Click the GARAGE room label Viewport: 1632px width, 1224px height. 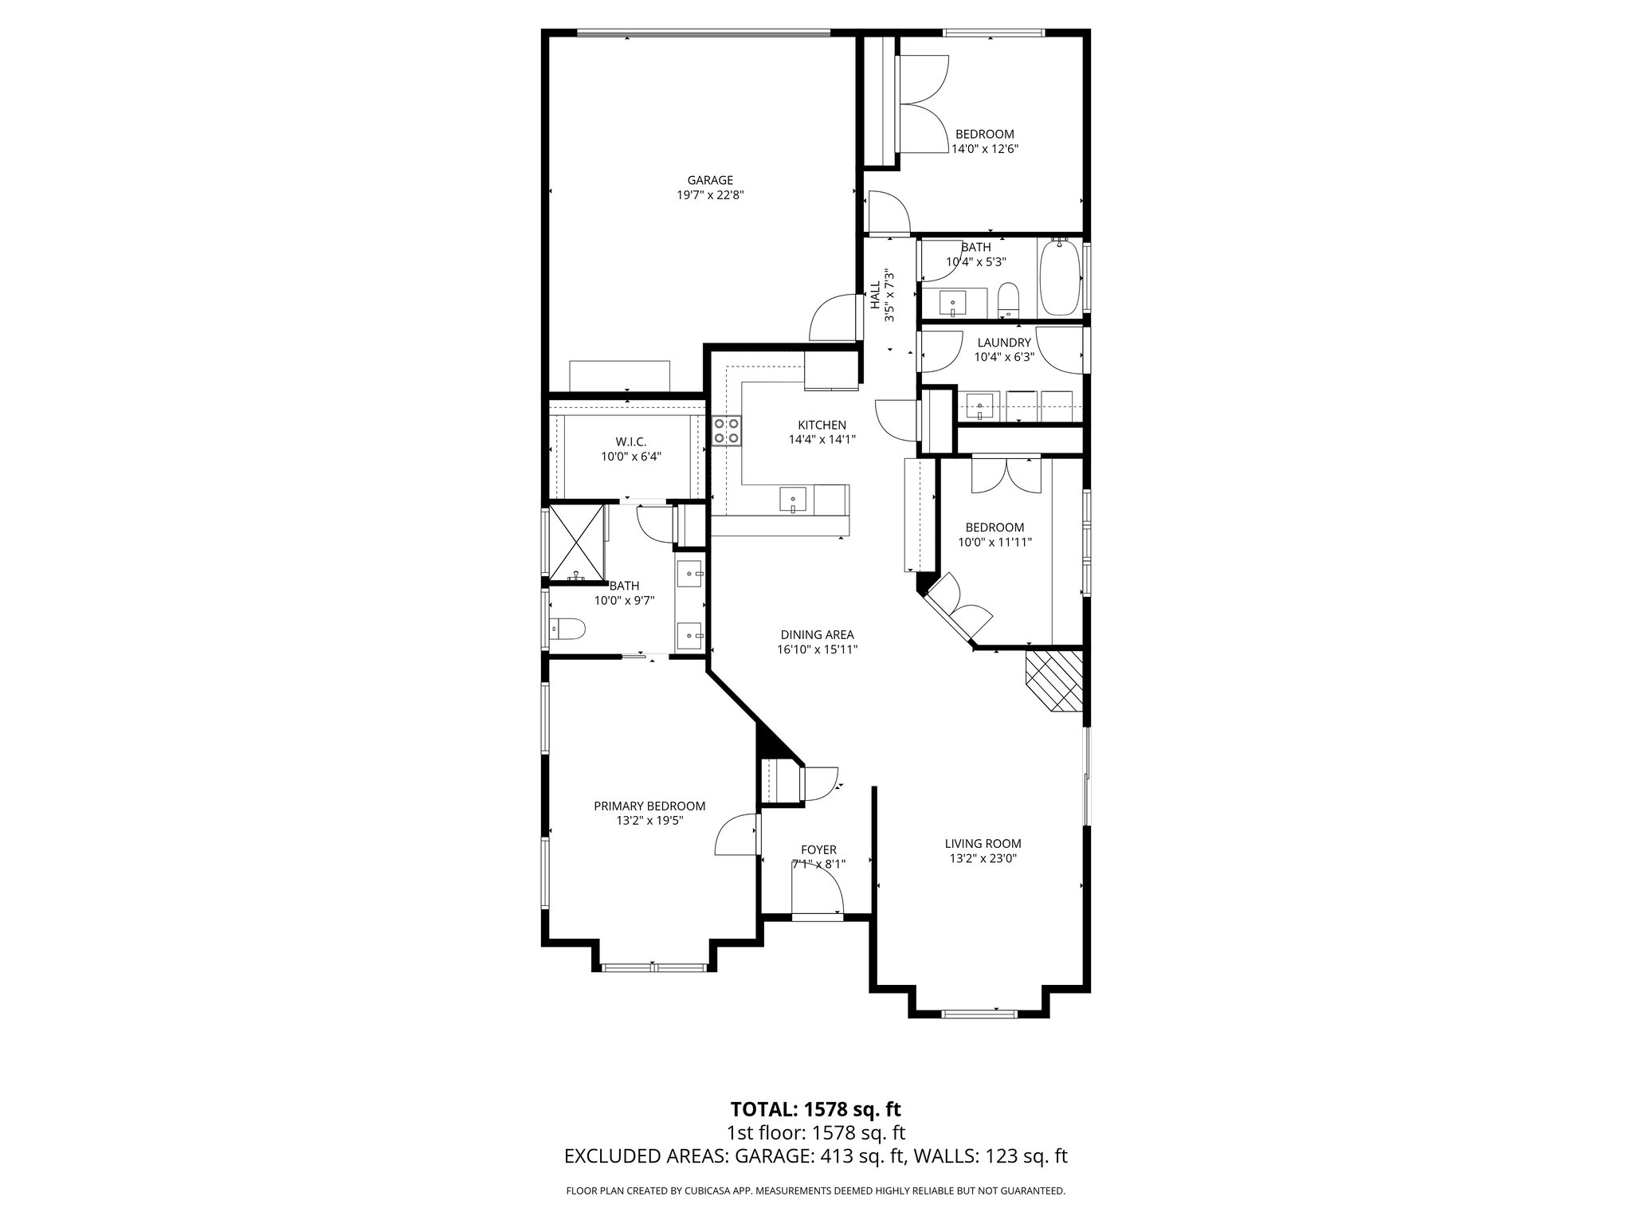click(710, 180)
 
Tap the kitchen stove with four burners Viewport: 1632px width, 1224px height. click(726, 431)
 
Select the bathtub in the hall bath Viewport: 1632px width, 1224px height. click(1059, 278)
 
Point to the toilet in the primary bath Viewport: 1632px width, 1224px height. click(567, 630)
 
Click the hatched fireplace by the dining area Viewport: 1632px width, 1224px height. click(1054, 680)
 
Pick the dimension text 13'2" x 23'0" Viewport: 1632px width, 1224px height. click(983, 858)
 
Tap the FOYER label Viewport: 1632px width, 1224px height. click(818, 850)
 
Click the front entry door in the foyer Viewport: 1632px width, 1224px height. click(818, 917)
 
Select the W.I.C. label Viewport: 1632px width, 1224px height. click(630, 441)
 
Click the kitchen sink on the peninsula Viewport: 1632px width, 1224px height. click(794, 501)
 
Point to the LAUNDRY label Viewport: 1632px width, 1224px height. click(1004, 343)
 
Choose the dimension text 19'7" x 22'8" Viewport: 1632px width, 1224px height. click(710, 194)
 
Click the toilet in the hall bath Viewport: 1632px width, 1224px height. click(1009, 299)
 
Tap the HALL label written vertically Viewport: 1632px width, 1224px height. click(875, 295)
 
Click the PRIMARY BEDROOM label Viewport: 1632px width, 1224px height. click(649, 806)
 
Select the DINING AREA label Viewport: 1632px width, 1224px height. click(817, 634)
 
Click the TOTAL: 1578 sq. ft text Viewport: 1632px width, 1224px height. click(815, 1108)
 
